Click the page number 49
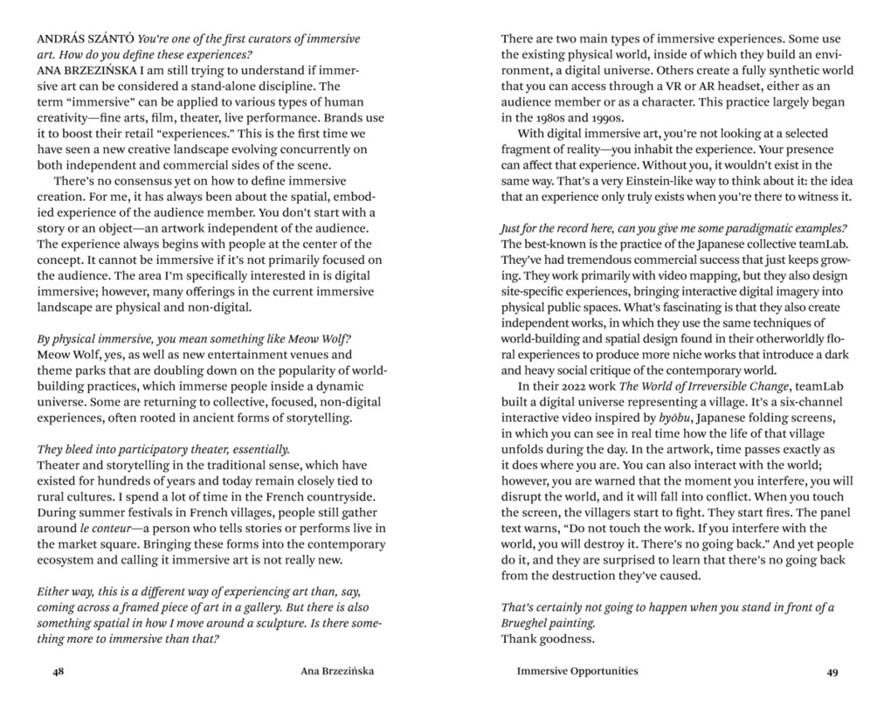832,672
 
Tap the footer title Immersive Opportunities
577,671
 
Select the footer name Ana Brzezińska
336,671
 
